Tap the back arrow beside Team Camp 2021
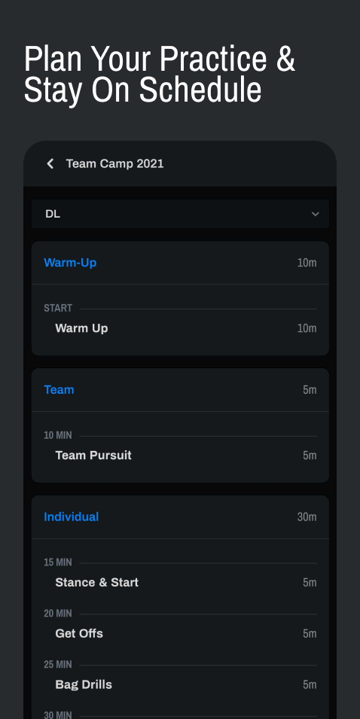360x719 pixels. click(x=50, y=163)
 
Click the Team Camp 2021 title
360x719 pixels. click(x=114, y=163)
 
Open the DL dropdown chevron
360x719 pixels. click(x=315, y=214)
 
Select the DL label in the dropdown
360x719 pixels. click(x=53, y=214)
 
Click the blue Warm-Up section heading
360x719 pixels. click(x=70, y=263)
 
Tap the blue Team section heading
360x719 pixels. click(x=59, y=390)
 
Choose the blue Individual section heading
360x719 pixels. click(x=71, y=516)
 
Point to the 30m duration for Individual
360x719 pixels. click(x=307, y=516)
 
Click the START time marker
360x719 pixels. click(x=58, y=308)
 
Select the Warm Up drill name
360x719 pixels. click(x=81, y=328)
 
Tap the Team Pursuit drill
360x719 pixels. click(x=93, y=455)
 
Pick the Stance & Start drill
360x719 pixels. click(x=96, y=583)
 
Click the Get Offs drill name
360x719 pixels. click(x=79, y=633)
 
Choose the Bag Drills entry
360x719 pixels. click(x=84, y=684)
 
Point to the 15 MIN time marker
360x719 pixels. click(x=58, y=562)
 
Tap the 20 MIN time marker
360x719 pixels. click(x=58, y=613)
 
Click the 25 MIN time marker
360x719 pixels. click(x=58, y=665)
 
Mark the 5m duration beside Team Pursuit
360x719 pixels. click(x=310, y=455)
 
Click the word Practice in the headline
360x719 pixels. click(x=213, y=59)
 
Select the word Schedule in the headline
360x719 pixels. click(x=200, y=90)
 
